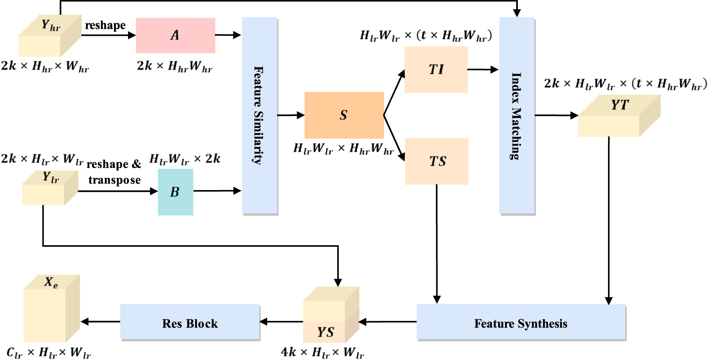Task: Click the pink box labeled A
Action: [x=175, y=35]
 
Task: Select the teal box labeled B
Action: [x=175, y=192]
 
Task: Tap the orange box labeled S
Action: [x=344, y=115]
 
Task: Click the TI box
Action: [x=436, y=70]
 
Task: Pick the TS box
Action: [x=437, y=161]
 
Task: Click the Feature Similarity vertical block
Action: [x=259, y=115]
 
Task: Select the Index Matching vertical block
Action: [x=517, y=115]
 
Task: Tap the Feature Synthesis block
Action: [x=521, y=323]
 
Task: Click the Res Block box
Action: [x=190, y=323]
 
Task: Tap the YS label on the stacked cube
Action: [x=325, y=332]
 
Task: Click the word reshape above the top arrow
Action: [x=105, y=25]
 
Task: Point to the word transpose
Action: [x=114, y=180]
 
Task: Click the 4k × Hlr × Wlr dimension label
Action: [x=322, y=353]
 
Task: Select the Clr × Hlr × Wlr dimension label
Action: [x=49, y=353]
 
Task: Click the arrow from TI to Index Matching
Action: [x=482, y=70]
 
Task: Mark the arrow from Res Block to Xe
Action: [x=100, y=322]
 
